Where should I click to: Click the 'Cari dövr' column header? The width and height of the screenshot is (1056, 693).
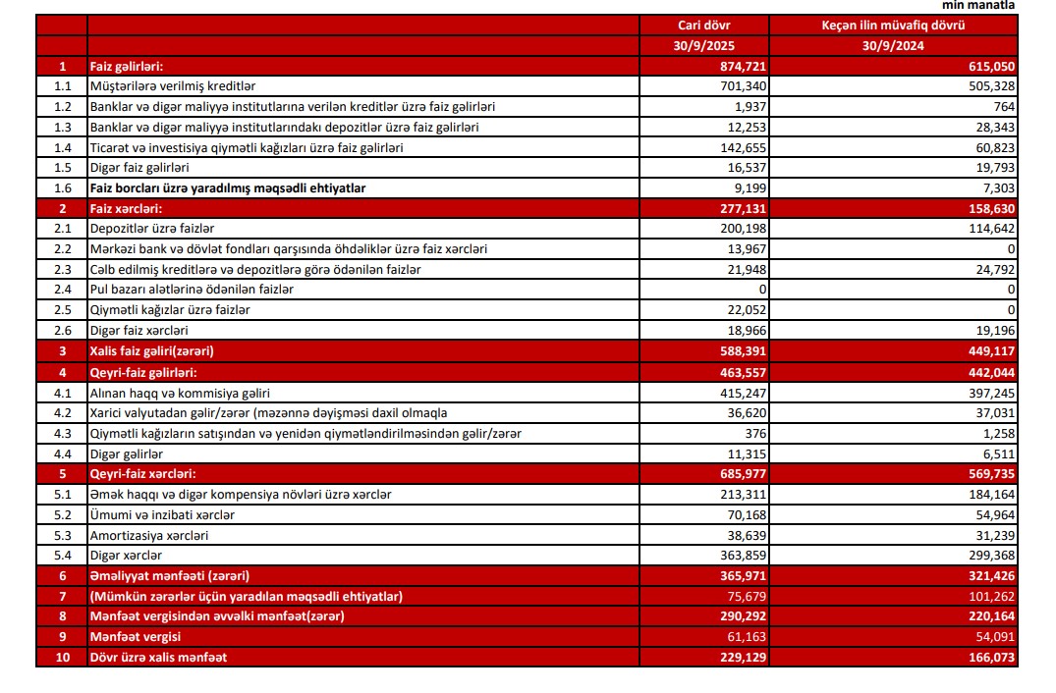pos(704,26)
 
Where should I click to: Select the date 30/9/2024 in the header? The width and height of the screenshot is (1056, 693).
pos(893,45)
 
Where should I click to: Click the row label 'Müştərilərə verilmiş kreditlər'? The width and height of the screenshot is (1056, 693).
pos(172,86)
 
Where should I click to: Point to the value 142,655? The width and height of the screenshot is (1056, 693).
pos(743,147)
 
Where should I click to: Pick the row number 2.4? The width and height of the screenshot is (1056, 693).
pos(62,290)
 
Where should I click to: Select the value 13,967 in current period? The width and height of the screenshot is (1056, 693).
pos(746,249)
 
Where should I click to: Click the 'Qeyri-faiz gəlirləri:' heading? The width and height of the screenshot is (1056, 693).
pos(143,371)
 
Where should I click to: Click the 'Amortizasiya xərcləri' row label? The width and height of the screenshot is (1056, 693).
pos(148,535)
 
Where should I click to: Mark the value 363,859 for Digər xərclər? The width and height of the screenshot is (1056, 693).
pos(743,556)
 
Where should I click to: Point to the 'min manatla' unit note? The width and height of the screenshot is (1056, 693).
pos(979,6)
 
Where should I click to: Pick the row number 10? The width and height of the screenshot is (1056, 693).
pos(62,657)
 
